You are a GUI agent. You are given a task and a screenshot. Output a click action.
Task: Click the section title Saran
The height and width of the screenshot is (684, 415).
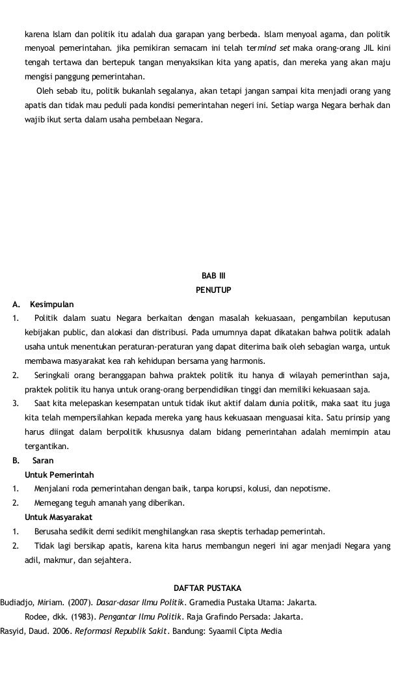[x=43, y=460]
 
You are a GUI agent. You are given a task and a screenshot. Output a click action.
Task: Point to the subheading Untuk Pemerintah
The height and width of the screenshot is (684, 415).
[x=59, y=474]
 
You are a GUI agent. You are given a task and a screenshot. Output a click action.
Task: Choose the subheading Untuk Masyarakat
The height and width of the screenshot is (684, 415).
[x=59, y=517]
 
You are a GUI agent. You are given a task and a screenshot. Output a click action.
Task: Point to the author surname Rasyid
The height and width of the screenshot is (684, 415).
[x=12, y=630]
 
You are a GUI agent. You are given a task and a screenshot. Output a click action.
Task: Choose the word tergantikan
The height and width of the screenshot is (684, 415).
[x=46, y=446]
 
